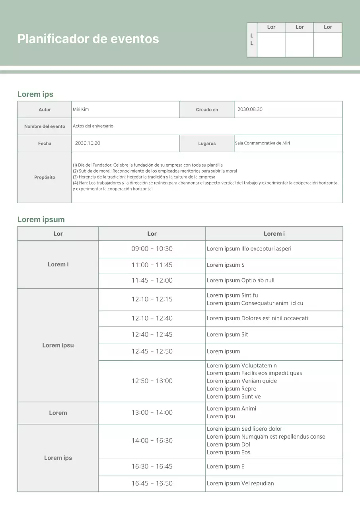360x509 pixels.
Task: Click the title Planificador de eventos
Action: click(x=88, y=39)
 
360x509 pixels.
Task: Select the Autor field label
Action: click(x=45, y=110)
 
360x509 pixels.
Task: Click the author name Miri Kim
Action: click(x=81, y=109)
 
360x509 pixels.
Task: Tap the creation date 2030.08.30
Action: click(x=250, y=109)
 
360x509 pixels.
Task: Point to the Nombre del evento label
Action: click(x=45, y=126)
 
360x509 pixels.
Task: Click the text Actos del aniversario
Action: click(x=93, y=126)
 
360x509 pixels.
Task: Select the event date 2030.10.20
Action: click(x=88, y=143)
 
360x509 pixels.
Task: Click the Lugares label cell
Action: click(x=207, y=144)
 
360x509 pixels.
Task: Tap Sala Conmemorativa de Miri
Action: click(x=262, y=143)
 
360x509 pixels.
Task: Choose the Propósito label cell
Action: click(x=45, y=177)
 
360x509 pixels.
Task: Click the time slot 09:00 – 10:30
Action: click(x=152, y=249)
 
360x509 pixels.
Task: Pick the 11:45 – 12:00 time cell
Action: click(x=152, y=280)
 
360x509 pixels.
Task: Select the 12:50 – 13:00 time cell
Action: click(x=152, y=381)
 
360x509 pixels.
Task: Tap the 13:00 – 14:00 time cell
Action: click(x=152, y=413)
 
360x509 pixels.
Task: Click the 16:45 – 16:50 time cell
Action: click(x=152, y=484)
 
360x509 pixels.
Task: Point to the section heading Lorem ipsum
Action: click(x=41, y=220)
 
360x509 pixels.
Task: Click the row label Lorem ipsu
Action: click(x=58, y=345)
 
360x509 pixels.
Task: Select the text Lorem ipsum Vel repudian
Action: click(x=240, y=484)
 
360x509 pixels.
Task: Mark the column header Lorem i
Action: click(x=274, y=234)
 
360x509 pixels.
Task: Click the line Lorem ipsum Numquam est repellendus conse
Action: click(x=266, y=437)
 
